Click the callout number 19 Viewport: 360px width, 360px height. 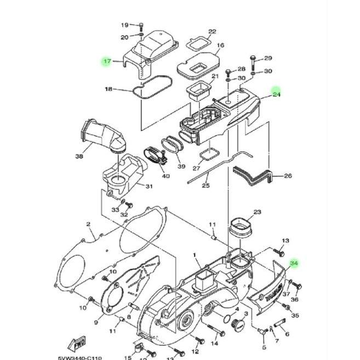[124, 25]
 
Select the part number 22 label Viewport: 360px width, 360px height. [213, 31]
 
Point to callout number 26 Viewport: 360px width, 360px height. [288, 176]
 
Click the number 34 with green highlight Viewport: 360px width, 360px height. [294, 264]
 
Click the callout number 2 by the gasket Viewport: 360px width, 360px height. [88, 224]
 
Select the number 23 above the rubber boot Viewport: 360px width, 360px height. [257, 212]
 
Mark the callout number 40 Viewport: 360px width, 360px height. [165, 176]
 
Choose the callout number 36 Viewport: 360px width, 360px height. [294, 300]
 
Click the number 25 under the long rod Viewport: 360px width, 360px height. [206, 186]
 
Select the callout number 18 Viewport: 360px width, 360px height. [108, 89]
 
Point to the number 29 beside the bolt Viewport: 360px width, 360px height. [268, 58]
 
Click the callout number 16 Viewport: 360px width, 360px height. [221, 45]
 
